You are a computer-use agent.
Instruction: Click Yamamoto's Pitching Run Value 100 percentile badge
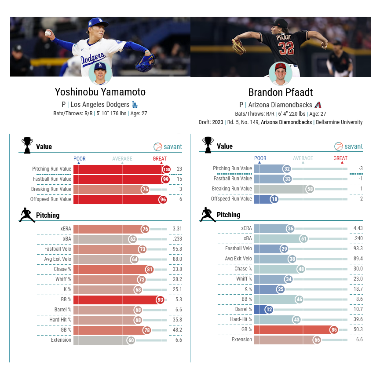[x=167, y=169]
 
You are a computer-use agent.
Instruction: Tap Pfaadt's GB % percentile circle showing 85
[x=334, y=330]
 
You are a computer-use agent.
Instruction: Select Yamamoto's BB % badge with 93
[x=160, y=300]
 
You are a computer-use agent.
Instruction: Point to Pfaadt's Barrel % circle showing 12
[x=269, y=310]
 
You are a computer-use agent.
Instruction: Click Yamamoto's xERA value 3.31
[x=177, y=229]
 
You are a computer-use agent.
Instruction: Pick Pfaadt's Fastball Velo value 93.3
[x=358, y=248]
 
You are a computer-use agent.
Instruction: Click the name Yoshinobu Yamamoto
[x=100, y=92]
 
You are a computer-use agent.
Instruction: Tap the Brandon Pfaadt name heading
[x=281, y=92]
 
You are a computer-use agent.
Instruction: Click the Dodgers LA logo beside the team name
[x=135, y=104]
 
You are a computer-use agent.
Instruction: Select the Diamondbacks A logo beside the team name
[x=318, y=105]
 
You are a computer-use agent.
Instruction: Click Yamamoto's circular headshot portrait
[x=100, y=73]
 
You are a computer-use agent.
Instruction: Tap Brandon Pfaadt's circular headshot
[x=281, y=74]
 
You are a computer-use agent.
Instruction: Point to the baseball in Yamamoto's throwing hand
[x=48, y=33]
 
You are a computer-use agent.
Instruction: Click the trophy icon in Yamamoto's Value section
[x=27, y=146]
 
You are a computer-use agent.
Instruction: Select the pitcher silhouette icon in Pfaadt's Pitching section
[x=208, y=215]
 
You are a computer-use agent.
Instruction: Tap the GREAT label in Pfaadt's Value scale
[x=340, y=158]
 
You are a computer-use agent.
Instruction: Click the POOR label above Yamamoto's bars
[x=80, y=159]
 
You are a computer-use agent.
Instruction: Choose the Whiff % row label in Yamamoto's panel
[x=63, y=279]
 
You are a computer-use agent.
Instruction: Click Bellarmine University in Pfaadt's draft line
[x=339, y=122]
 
